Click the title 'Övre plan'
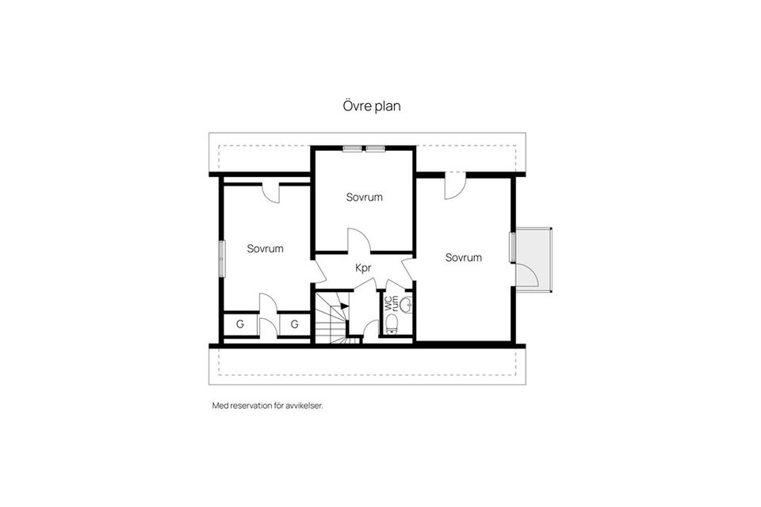pyautogui.click(x=372, y=106)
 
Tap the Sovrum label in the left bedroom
pyautogui.click(x=265, y=248)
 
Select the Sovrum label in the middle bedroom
pyautogui.click(x=365, y=197)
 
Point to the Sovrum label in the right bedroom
pyautogui.click(x=464, y=257)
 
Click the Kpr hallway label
pyautogui.click(x=363, y=268)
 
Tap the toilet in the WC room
pyautogui.click(x=391, y=323)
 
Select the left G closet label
pyautogui.click(x=239, y=324)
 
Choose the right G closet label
pyautogui.click(x=294, y=324)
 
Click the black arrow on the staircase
pyautogui.click(x=342, y=302)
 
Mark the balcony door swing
pyautogui.click(x=527, y=274)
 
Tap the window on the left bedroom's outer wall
pyautogui.click(x=223, y=256)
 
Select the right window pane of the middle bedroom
pyautogui.click(x=375, y=148)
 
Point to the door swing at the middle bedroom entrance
pyautogui.click(x=358, y=240)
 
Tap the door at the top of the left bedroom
pyautogui.click(x=272, y=193)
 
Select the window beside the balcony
pyautogui.click(x=513, y=247)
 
